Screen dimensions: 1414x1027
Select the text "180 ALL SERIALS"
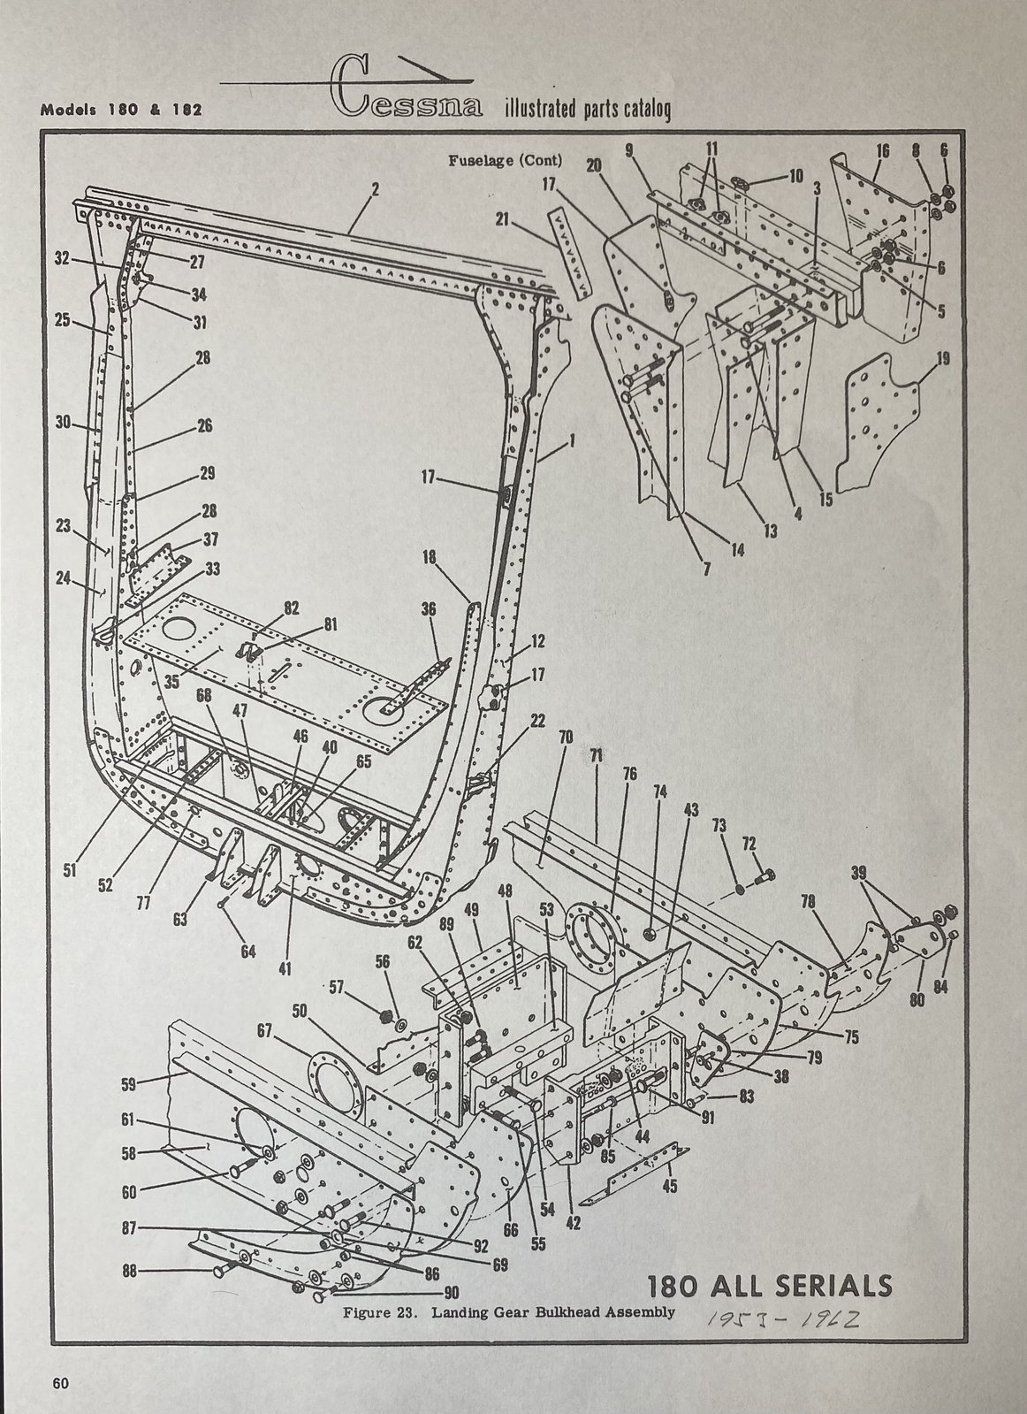770,1283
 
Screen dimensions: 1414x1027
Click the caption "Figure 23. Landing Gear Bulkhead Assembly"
509,1311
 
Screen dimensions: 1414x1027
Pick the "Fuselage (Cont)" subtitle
506,161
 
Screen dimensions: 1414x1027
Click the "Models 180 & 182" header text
121,111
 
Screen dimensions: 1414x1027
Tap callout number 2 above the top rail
376,188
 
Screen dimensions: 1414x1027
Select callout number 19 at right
942,358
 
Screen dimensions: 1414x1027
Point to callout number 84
940,986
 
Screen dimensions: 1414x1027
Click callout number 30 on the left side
63,423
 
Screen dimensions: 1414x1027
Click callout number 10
795,175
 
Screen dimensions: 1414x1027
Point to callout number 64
248,951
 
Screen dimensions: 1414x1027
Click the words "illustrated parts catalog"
587,110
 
